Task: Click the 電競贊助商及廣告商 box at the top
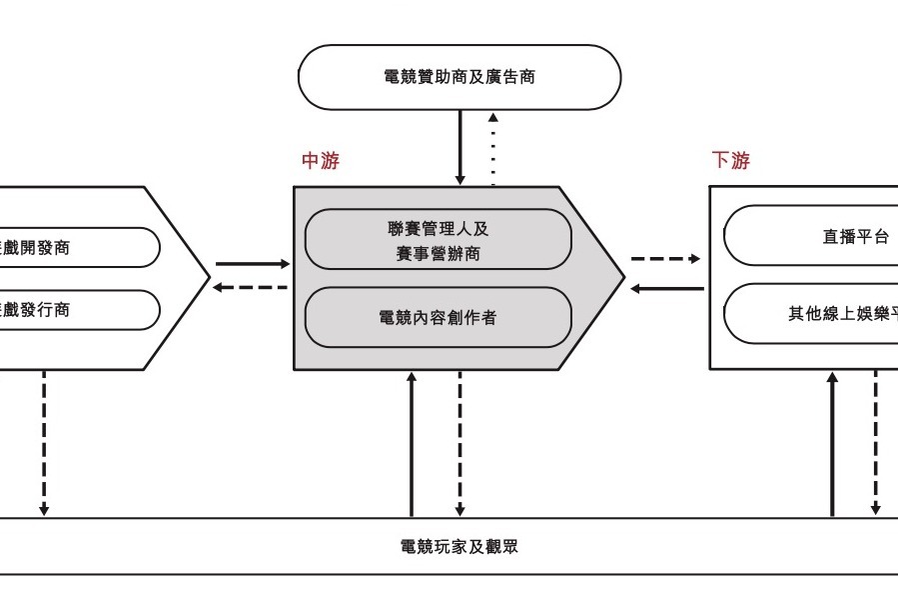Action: tap(459, 76)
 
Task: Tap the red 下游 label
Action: tap(730, 161)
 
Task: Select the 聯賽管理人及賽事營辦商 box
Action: tap(438, 240)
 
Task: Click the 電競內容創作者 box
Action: tap(438, 318)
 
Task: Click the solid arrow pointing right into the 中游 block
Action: tap(252, 264)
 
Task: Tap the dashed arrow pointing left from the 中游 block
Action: tap(252, 288)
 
